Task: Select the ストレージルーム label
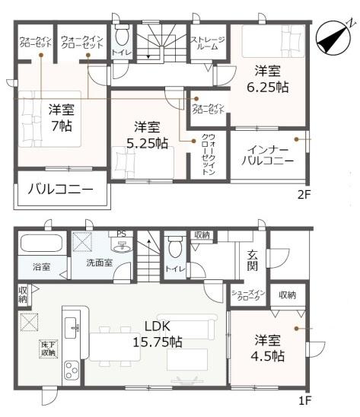pos(206,43)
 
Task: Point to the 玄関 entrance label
pos(253,259)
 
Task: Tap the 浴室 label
pos(41,268)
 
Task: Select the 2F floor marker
pos(304,194)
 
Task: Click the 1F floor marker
pos(304,399)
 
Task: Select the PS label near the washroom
pos(119,234)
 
